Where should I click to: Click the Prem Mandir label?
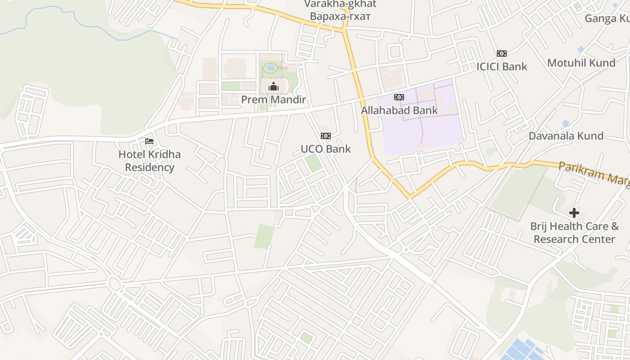tap(273, 99)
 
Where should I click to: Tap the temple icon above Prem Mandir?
tap(273, 86)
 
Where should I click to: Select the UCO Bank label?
tap(325, 149)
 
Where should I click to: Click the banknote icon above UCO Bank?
tap(325, 136)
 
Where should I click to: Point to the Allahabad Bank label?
tap(399, 110)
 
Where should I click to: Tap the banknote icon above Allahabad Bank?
tap(399, 97)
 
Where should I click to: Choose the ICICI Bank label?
tap(502, 67)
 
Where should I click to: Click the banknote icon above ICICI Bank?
tap(502, 54)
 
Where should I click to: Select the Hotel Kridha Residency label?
tap(149, 161)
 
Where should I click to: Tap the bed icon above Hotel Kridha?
tap(149, 141)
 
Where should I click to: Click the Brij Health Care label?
tap(574, 232)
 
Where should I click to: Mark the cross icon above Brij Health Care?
tap(574, 213)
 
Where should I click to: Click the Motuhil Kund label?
tap(581, 63)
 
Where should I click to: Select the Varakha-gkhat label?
tap(340, 4)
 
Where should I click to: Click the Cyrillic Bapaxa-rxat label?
tap(340, 17)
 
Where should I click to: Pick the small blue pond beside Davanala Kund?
tap(566, 123)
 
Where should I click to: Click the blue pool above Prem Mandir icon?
tap(270, 68)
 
